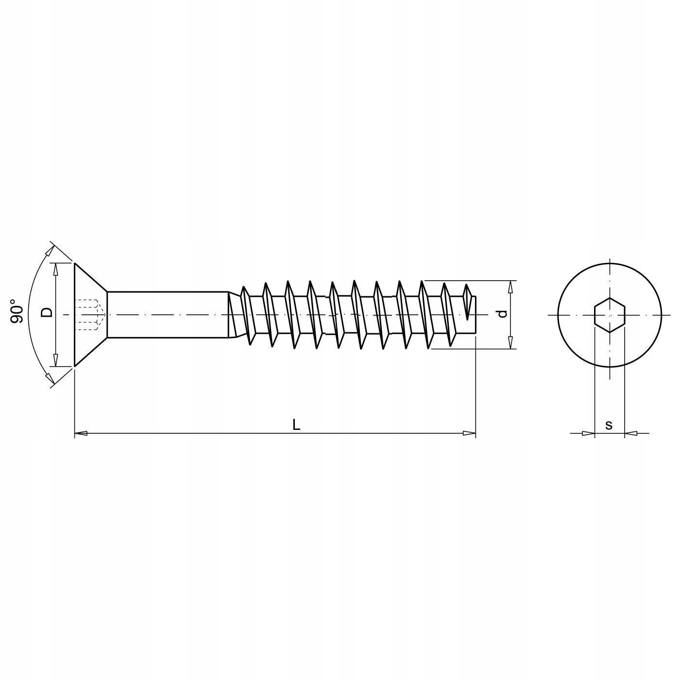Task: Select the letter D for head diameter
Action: [47, 312]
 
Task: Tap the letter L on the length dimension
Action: [296, 425]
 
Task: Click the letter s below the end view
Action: [609, 425]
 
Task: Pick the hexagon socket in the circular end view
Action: [610, 315]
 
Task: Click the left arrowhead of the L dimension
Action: [81, 433]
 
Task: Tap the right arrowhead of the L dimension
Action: [469, 433]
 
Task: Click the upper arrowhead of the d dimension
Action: [510, 287]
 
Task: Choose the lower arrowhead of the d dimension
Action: [510, 342]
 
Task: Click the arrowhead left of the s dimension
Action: [588, 433]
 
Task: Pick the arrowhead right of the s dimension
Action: [630, 433]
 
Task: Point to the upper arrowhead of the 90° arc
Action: [49, 251]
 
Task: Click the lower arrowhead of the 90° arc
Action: [49, 377]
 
